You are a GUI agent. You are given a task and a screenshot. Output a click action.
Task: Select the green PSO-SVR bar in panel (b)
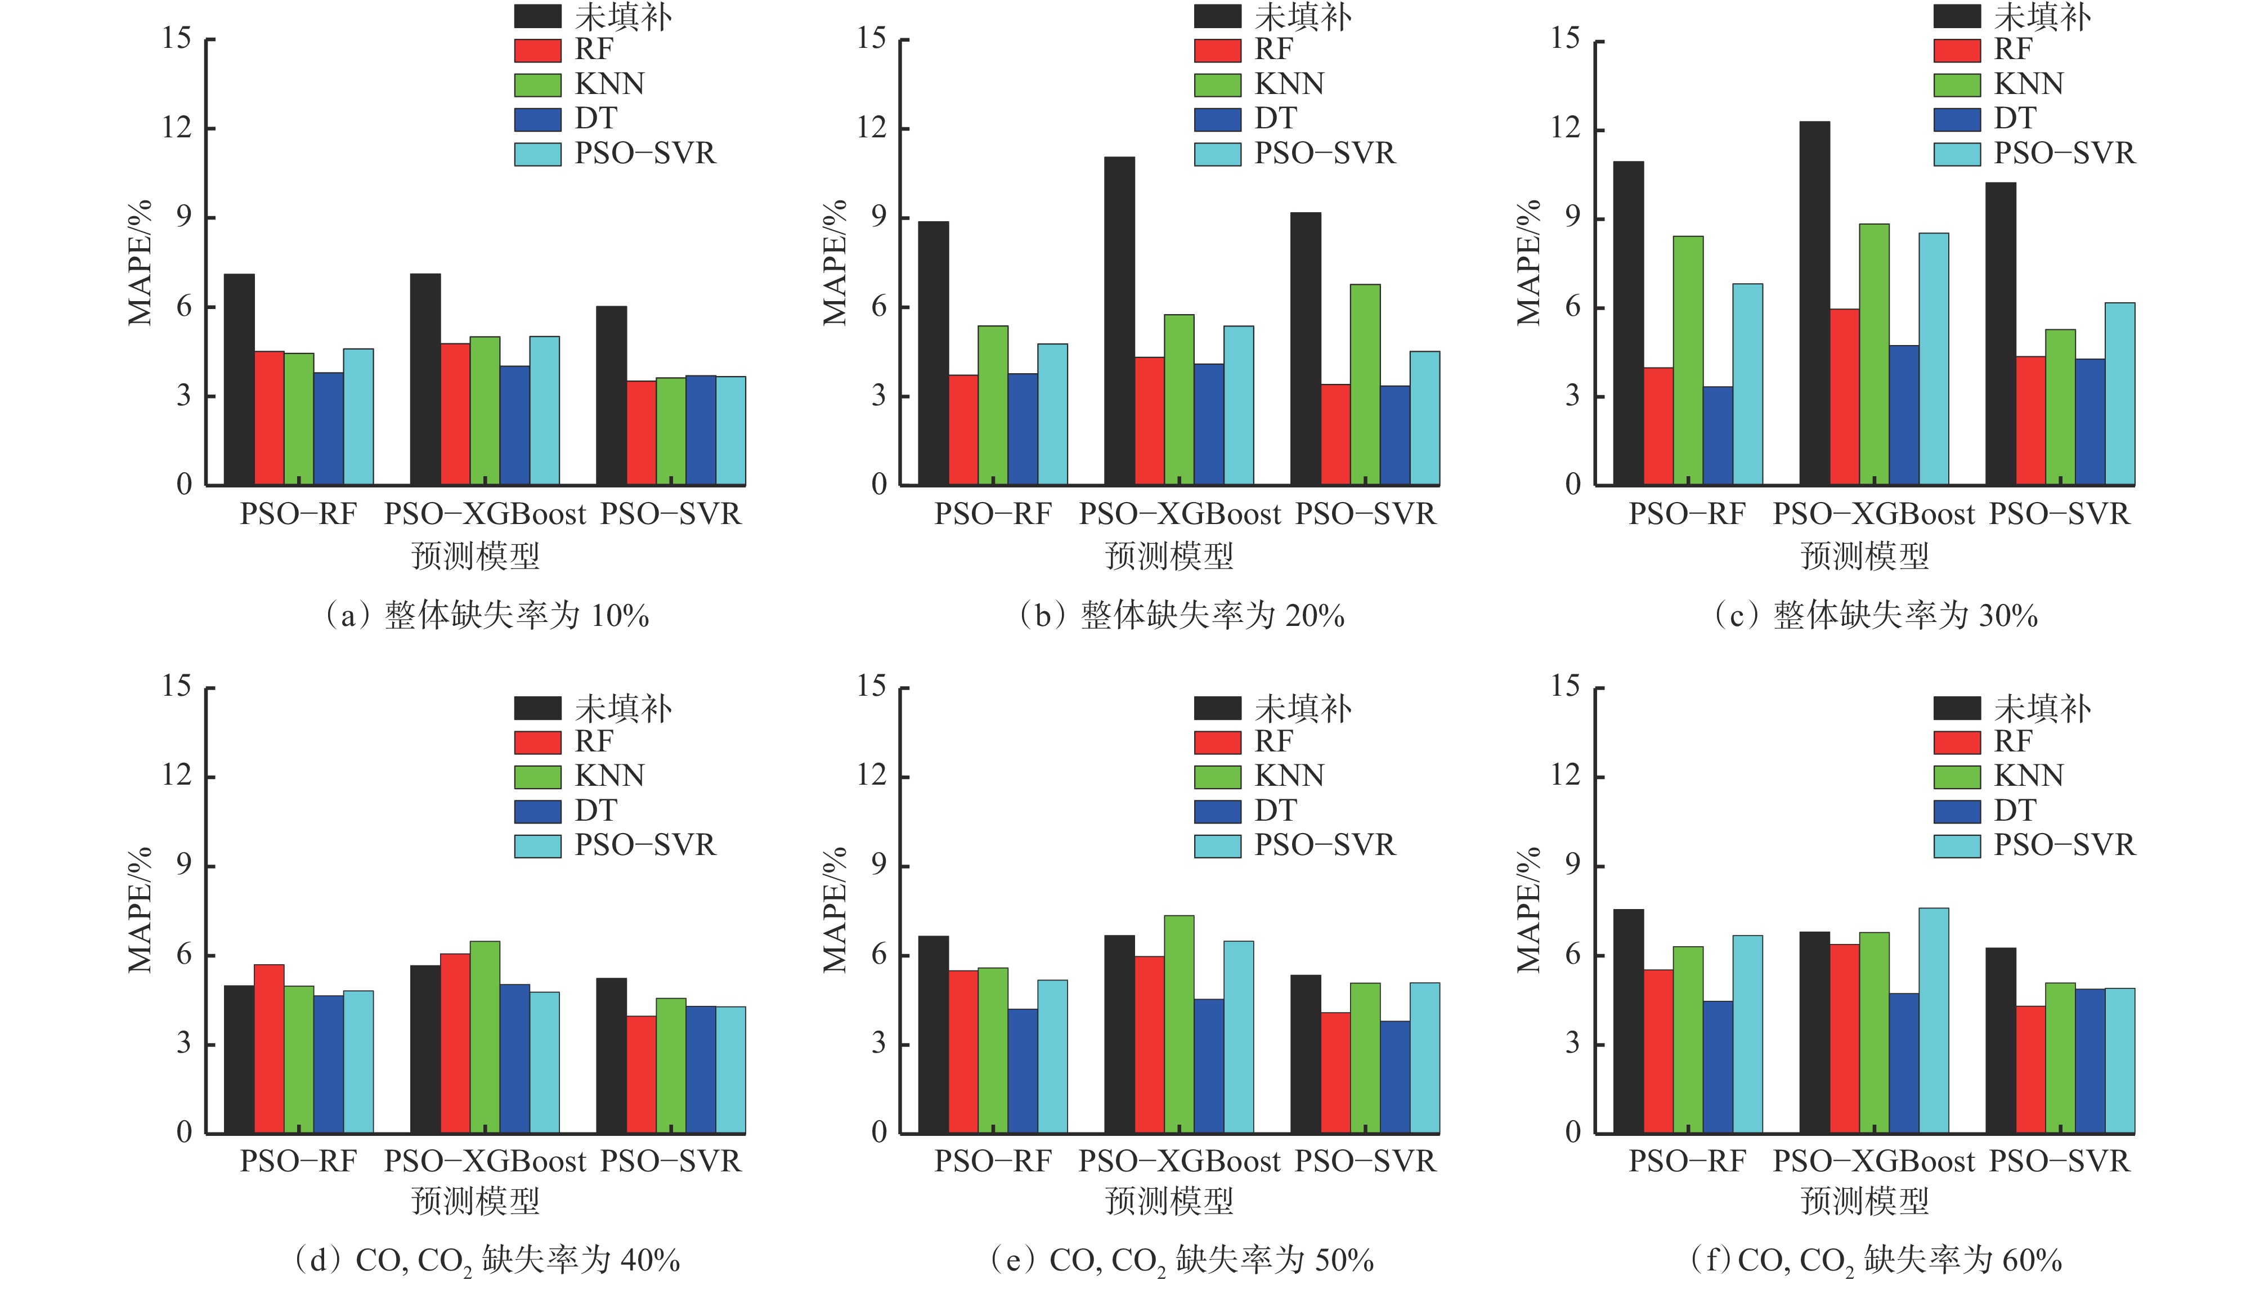click(x=1365, y=384)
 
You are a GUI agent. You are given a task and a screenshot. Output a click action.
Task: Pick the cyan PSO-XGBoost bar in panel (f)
click(x=1934, y=1020)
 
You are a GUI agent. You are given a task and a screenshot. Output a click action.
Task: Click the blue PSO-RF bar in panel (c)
click(x=1718, y=436)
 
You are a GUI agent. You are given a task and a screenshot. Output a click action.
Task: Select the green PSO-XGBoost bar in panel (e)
click(x=1178, y=1024)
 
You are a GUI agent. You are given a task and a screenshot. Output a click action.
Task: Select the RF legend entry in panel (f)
click(x=2013, y=741)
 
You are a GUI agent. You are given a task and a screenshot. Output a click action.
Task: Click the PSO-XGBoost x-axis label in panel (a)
click(x=485, y=514)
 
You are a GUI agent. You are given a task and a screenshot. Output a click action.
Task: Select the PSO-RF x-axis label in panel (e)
click(x=993, y=1162)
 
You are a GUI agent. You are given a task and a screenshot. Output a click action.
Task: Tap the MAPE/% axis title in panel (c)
click(x=1528, y=262)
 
